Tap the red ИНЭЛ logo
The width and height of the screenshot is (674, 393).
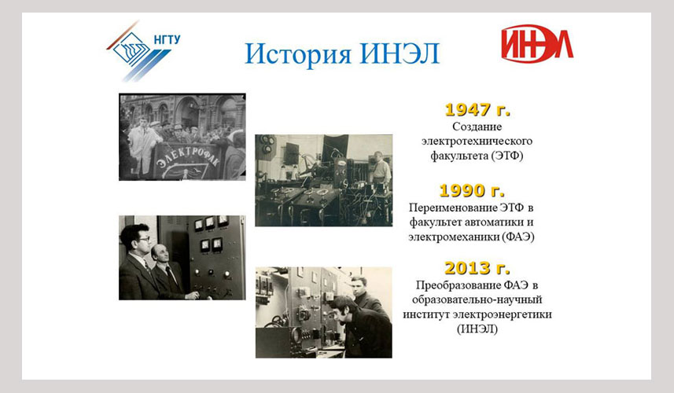click(537, 44)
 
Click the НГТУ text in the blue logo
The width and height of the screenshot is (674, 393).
click(167, 39)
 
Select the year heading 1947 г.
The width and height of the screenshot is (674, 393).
click(477, 109)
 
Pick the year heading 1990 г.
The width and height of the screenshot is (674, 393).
click(472, 191)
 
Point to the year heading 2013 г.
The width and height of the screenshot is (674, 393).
click(477, 268)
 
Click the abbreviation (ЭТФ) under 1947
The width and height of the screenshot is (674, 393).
click(507, 156)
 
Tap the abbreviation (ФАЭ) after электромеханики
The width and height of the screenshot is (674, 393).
click(518, 237)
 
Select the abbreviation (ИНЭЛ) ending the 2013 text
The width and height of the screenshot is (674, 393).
click(477, 329)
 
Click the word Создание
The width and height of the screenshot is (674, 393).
click(477, 127)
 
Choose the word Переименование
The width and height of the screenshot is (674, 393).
click(453, 208)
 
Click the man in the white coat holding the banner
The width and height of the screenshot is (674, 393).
click(142, 144)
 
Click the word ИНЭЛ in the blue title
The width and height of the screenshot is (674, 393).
click(400, 53)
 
